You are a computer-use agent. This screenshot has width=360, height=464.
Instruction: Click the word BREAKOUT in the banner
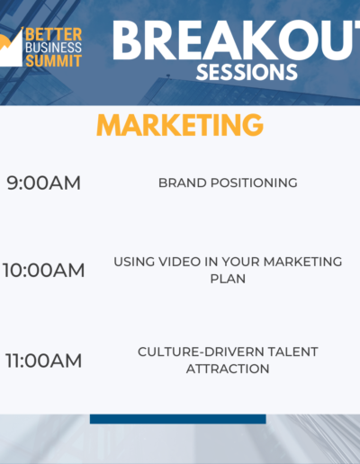(x=236, y=40)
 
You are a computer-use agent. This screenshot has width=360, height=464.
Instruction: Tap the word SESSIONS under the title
(x=247, y=72)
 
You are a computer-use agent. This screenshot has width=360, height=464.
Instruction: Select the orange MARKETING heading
(x=180, y=125)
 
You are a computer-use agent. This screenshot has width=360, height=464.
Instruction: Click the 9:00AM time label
(x=44, y=183)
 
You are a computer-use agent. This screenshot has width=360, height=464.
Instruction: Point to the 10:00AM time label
(x=44, y=270)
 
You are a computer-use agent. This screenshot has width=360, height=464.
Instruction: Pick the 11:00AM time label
(x=44, y=361)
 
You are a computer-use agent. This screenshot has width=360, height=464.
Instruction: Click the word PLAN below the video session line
(x=228, y=279)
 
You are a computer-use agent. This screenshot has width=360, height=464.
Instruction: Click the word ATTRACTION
(x=228, y=369)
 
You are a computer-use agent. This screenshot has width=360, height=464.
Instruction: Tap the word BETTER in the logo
(x=54, y=34)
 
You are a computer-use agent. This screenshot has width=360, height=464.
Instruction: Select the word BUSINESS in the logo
(x=54, y=48)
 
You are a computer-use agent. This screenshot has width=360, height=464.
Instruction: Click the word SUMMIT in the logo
(x=54, y=61)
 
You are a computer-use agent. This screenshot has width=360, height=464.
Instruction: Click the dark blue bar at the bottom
(x=178, y=419)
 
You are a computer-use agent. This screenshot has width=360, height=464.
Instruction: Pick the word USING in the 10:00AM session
(x=134, y=262)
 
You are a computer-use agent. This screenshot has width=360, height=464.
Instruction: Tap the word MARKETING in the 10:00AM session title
(x=302, y=262)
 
